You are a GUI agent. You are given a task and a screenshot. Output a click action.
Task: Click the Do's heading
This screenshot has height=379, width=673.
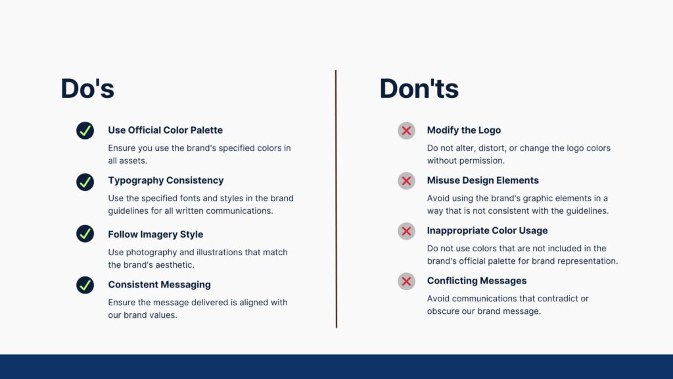point(87,89)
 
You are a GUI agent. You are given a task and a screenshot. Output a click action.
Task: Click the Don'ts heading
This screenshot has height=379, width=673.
point(419,89)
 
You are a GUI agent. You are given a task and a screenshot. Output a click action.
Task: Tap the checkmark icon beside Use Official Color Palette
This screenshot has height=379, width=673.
point(85,131)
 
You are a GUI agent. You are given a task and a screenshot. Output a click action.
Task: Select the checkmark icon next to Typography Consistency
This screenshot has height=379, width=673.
point(85,182)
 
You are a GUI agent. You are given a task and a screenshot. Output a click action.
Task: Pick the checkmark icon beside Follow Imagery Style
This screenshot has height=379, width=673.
point(85,234)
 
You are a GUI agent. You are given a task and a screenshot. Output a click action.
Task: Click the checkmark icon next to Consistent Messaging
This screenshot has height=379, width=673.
point(85,285)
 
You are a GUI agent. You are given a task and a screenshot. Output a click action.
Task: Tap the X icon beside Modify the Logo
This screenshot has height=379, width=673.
point(406,131)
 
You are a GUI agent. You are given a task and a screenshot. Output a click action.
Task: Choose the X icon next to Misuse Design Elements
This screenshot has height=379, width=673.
point(406,181)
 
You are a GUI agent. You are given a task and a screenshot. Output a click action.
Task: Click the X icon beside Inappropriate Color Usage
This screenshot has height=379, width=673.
point(406,231)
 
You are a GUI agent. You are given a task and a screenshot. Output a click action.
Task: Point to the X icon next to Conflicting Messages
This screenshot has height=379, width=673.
point(406,282)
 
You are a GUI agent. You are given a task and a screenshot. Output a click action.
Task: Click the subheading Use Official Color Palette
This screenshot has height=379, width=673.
point(165,130)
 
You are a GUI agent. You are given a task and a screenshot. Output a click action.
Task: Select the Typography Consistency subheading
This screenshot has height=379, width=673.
point(166,180)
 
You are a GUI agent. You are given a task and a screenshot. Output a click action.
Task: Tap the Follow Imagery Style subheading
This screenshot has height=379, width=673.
point(155,234)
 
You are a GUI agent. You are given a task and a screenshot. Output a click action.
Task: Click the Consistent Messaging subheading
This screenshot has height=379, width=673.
point(159,285)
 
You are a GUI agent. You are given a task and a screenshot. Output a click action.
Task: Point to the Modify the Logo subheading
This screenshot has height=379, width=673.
point(463,130)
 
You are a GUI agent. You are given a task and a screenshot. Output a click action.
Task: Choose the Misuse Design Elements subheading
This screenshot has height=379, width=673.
point(482,180)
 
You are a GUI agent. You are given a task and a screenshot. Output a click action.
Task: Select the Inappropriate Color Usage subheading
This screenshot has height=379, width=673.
point(487,231)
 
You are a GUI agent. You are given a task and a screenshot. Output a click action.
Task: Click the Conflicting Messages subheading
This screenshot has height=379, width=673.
point(476,281)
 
